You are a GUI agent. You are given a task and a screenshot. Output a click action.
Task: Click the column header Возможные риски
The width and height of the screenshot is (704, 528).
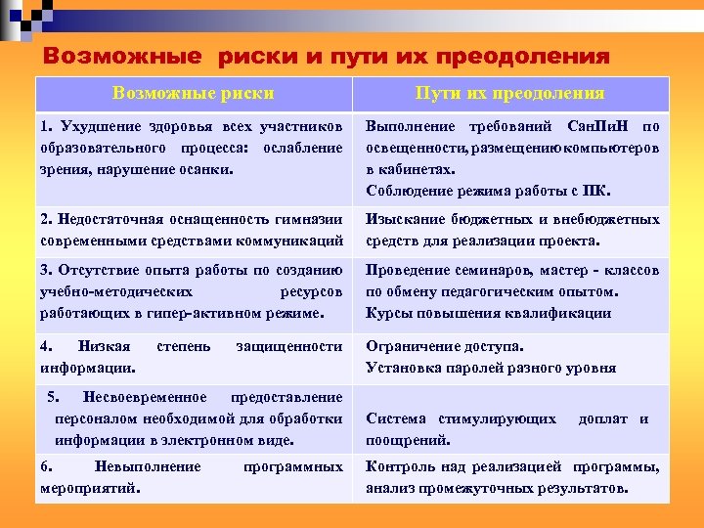coord(193,94)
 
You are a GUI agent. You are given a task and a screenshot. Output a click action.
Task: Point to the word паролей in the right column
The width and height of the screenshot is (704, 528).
coord(474,368)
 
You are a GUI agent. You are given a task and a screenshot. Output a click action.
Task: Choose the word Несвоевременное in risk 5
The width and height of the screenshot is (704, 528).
coord(145,397)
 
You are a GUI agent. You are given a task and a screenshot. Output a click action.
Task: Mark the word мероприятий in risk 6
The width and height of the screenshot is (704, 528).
coord(89,487)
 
